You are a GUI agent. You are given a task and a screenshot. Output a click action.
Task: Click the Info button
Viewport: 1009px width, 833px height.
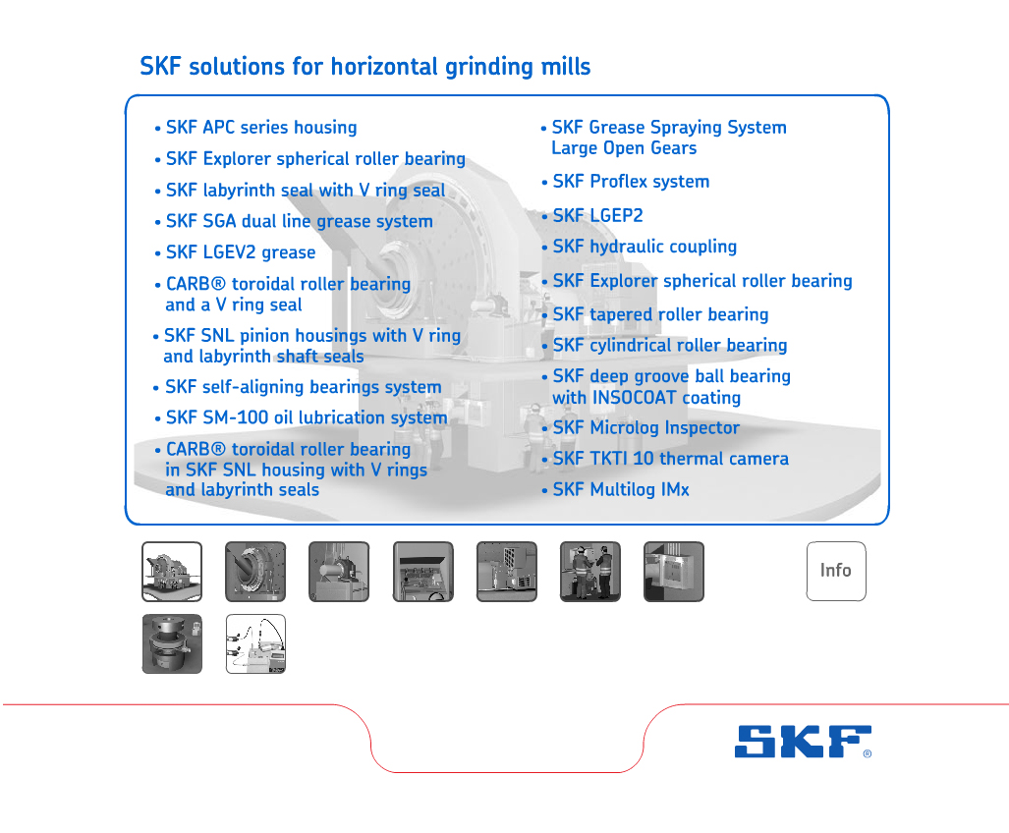click(x=836, y=571)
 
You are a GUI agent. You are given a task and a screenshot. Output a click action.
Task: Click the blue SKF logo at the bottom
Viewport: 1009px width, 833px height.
click(x=803, y=742)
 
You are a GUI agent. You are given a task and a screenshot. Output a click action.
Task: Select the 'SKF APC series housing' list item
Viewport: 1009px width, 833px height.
click(x=261, y=128)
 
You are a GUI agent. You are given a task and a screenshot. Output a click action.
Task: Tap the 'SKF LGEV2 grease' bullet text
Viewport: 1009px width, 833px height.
click(x=241, y=252)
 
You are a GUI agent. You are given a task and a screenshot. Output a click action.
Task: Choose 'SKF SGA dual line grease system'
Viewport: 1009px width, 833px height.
click(x=300, y=221)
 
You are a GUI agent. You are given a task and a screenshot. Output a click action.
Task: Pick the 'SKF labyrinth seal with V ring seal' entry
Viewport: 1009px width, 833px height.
click(x=306, y=191)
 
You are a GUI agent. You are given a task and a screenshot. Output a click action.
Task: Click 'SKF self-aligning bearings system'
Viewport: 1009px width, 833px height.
click(x=303, y=387)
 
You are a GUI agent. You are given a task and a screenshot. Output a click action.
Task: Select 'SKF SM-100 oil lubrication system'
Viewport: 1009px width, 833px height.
click(x=307, y=417)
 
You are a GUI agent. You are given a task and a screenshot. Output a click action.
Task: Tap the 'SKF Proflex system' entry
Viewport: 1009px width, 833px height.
click(x=631, y=182)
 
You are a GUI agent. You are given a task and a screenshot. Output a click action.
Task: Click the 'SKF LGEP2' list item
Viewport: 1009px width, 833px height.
click(x=597, y=215)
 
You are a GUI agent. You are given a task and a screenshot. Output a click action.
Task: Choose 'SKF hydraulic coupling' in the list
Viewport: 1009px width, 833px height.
click(x=645, y=247)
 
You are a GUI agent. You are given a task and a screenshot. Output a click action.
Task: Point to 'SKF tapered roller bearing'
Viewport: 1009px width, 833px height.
click(x=660, y=314)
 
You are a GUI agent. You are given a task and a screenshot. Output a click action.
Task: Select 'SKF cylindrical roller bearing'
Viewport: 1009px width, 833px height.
click(x=670, y=346)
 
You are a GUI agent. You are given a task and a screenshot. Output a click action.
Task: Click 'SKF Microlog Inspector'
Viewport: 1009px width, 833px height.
click(x=646, y=427)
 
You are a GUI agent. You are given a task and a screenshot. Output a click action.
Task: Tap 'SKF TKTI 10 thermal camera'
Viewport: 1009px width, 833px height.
click(x=670, y=459)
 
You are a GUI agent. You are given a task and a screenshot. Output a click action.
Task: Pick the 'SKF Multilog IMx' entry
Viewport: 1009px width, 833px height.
click(x=621, y=489)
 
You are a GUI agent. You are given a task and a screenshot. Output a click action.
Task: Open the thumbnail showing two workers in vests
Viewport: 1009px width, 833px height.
click(x=590, y=572)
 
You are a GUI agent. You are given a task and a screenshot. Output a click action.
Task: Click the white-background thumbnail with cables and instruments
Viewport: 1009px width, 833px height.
click(x=255, y=643)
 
